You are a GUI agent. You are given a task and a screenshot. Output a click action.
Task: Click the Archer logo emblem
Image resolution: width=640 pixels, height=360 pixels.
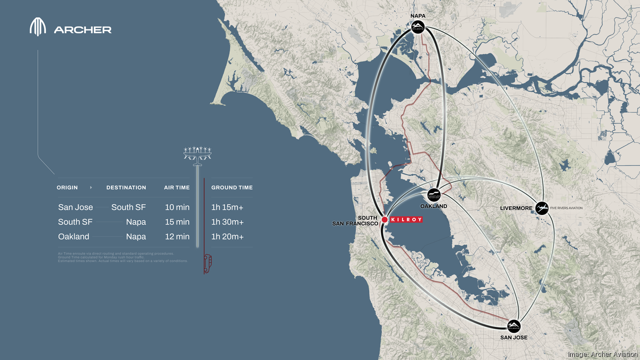click(38, 28)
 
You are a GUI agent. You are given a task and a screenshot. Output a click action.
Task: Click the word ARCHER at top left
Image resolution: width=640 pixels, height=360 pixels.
click(83, 30)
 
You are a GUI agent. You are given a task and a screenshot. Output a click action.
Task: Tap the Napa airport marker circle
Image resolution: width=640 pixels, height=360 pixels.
click(418, 27)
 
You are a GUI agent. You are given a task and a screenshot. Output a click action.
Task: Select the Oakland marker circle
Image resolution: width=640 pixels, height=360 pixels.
click(434, 195)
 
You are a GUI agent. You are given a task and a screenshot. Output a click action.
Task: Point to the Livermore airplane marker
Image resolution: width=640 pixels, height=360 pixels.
click(542, 207)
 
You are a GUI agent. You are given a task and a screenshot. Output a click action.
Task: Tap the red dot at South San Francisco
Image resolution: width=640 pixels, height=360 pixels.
click(384, 219)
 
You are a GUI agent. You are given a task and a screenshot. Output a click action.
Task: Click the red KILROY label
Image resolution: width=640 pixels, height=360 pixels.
click(407, 219)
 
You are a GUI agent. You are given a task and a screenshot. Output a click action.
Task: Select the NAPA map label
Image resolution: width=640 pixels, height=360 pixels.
click(418, 16)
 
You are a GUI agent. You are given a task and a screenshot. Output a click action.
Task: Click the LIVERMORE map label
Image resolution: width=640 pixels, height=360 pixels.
click(516, 208)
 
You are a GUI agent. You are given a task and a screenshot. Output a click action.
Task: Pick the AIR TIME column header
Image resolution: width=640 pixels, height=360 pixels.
click(177, 188)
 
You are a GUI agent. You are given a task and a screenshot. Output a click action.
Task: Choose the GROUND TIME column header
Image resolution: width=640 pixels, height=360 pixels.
click(232, 188)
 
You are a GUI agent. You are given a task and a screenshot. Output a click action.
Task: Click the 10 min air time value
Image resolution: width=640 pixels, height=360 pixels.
click(177, 207)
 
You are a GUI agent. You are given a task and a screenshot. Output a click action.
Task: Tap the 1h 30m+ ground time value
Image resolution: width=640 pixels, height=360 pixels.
click(228, 222)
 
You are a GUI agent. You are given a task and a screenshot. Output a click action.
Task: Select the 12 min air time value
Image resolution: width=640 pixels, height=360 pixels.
click(177, 237)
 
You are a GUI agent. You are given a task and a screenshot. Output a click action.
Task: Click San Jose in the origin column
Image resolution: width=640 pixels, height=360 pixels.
click(75, 207)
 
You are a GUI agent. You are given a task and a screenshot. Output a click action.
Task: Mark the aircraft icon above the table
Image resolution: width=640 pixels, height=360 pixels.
click(198, 154)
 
